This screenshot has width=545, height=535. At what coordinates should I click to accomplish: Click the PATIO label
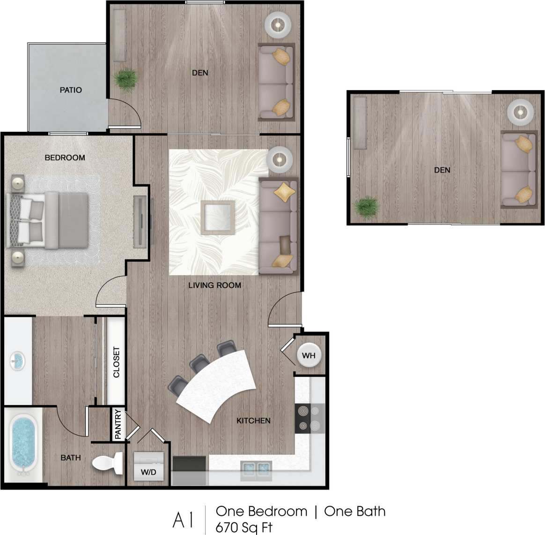(x=71, y=90)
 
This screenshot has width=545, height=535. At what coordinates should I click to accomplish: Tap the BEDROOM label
(x=65, y=158)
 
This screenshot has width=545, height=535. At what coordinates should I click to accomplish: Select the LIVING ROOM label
(x=214, y=285)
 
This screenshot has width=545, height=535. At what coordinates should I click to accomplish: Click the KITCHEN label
(x=253, y=421)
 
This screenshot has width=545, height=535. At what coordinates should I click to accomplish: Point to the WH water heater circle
(x=309, y=355)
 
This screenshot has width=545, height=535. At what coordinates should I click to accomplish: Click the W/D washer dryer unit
(x=148, y=467)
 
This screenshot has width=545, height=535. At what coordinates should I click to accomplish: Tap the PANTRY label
(x=118, y=424)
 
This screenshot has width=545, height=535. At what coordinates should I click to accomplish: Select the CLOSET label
(x=117, y=362)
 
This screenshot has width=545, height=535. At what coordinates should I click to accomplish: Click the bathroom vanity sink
(x=17, y=361)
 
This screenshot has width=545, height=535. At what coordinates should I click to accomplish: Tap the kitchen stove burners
(x=309, y=418)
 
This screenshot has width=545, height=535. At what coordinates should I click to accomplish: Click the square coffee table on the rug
(x=218, y=217)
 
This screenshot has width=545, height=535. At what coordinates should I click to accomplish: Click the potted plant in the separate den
(x=366, y=208)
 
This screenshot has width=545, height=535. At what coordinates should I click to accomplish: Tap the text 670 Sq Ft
(x=243, y=527)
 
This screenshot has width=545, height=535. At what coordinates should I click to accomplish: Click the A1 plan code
(x=183, y=520)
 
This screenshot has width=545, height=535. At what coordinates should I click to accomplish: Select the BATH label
(x=71, y=458)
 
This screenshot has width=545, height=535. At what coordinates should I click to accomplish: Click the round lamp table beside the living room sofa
(x=280, y=159)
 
